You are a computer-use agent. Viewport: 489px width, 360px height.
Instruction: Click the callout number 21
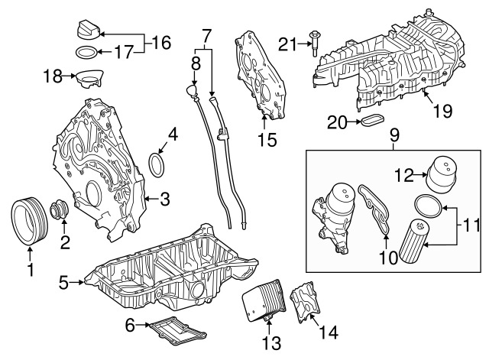tap(288, 44)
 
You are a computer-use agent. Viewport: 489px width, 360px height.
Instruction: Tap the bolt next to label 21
tap(314, 44)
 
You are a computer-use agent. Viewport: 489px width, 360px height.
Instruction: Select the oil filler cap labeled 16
tap(89, 31)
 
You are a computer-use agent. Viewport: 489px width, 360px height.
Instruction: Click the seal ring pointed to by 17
tap(86, 52)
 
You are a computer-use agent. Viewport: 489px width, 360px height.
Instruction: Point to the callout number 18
tap(53, 76)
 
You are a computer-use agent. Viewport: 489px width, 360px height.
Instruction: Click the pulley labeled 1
tap(29, 221)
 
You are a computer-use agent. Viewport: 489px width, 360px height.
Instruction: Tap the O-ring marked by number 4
tap(157, 165)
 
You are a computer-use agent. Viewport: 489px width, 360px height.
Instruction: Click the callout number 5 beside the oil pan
tap(63, 283)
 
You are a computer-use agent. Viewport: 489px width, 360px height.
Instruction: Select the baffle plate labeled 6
tap(178, 330)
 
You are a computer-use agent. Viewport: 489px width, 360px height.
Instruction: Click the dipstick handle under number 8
tap(191, 90)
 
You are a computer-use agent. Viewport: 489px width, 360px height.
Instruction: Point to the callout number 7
tap(206, 36)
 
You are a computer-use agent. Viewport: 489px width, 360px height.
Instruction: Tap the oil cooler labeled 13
tap(264, 300)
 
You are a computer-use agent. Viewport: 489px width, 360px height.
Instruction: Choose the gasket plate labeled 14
tap(306, 300)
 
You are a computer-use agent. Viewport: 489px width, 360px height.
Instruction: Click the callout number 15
tap(267, 140)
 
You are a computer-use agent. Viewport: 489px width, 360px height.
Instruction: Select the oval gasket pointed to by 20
tap(373, 121)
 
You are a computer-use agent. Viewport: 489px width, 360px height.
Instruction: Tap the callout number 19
tap(442, 111)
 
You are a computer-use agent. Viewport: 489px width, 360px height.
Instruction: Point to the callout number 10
tap(388, 258)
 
